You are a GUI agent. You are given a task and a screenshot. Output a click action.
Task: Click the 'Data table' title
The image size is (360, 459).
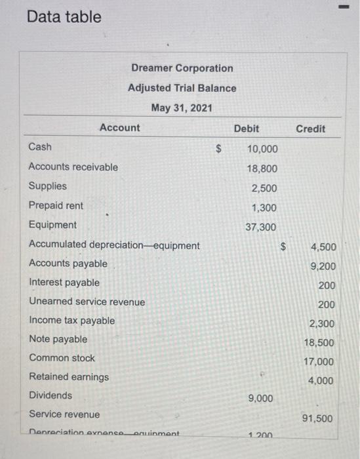tap(64, 17)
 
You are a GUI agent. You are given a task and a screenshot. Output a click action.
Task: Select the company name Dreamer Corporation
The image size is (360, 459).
tap(182, 68)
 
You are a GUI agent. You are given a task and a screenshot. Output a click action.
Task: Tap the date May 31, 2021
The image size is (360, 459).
tap(182, 108)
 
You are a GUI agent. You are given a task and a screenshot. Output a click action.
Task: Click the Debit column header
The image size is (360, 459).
tap(246, 129)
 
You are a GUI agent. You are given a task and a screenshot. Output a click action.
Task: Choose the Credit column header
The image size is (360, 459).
tap(310, 129)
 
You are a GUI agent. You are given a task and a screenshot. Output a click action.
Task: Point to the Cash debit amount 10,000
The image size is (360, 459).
tap(262, 149)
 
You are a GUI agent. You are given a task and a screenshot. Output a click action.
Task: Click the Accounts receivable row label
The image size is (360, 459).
tap(73, 167)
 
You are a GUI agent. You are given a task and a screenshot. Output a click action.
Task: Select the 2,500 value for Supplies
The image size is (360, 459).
tap(265, 188)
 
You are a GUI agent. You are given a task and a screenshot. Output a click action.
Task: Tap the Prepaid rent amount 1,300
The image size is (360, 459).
tap(265, 208)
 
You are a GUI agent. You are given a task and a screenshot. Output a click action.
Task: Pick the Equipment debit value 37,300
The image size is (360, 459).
tap(262, 227)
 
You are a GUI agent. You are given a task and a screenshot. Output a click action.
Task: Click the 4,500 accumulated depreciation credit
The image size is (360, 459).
tap(324, 247)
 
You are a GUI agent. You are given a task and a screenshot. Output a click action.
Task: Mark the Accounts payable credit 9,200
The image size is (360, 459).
tap(324, 266)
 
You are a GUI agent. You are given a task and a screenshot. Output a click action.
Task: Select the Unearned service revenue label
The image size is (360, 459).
tap(87, 302)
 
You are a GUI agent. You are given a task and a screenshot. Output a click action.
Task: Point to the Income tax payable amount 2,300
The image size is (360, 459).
tap(322, 323)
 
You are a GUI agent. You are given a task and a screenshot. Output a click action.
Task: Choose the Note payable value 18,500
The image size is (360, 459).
tap(319, 342)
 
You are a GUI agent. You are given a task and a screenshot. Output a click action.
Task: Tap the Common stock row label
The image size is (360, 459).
tap(62, 358)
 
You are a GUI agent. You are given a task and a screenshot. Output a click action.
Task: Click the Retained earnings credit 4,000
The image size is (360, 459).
tap(321, 380)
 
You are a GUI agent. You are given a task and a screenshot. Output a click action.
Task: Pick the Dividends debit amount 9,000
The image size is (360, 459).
tap(262, 399)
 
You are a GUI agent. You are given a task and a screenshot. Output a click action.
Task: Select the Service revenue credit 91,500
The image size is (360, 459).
tap(317, 418)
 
